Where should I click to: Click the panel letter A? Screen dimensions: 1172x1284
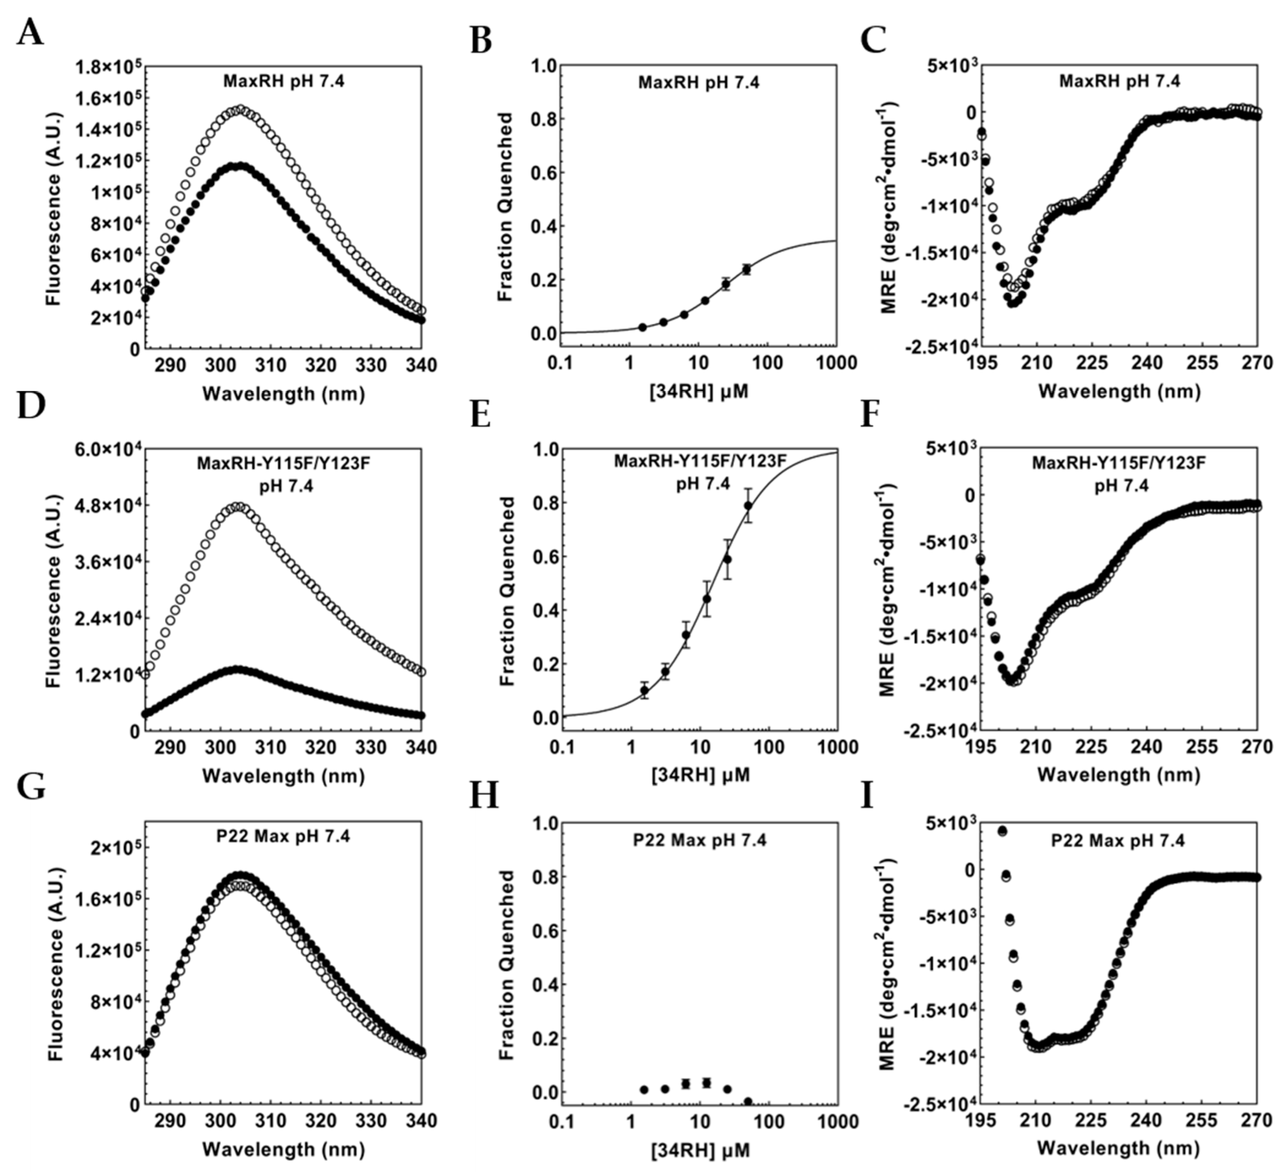30,33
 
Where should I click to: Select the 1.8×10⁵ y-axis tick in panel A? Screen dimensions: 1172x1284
108,66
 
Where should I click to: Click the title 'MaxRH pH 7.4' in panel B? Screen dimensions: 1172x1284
699,83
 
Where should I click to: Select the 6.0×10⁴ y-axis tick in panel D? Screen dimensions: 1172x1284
108,450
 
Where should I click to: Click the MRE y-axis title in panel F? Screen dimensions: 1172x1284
890,589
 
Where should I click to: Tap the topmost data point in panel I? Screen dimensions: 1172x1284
1002,831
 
